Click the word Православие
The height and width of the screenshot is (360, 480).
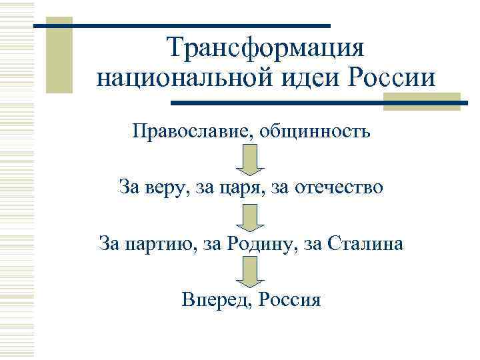[191, 131]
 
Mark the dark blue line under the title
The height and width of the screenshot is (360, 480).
[320, 103]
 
